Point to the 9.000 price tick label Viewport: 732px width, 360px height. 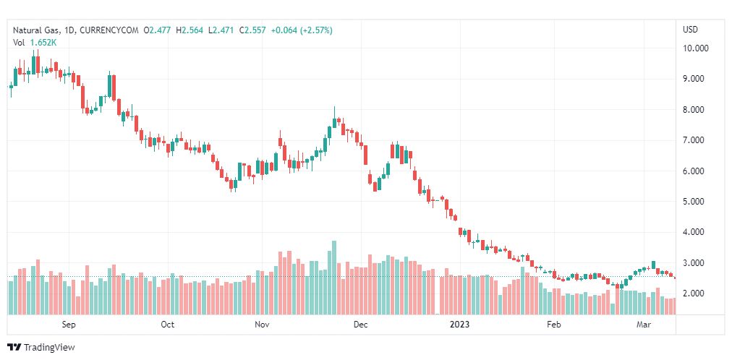point(695,79)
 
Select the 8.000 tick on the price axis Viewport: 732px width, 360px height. point(695,110)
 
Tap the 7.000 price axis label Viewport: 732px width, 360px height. point(695,140)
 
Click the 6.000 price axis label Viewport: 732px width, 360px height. point(695,171)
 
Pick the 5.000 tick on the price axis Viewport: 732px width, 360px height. point(695,202)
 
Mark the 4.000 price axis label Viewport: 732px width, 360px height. point(695,233)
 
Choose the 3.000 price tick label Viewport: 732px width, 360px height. point(695,263)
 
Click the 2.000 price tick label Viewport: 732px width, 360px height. point(695,293)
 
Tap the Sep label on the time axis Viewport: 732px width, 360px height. point(69,325)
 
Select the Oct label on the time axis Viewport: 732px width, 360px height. point(168,325)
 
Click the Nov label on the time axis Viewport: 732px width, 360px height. point(263,325)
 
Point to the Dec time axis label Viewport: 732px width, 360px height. point(360,325)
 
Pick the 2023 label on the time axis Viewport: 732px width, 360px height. point(459,325)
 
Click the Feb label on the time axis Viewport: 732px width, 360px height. point(554,325)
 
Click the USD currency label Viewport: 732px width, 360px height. point(690,30)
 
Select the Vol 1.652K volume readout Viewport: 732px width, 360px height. point(35,43)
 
